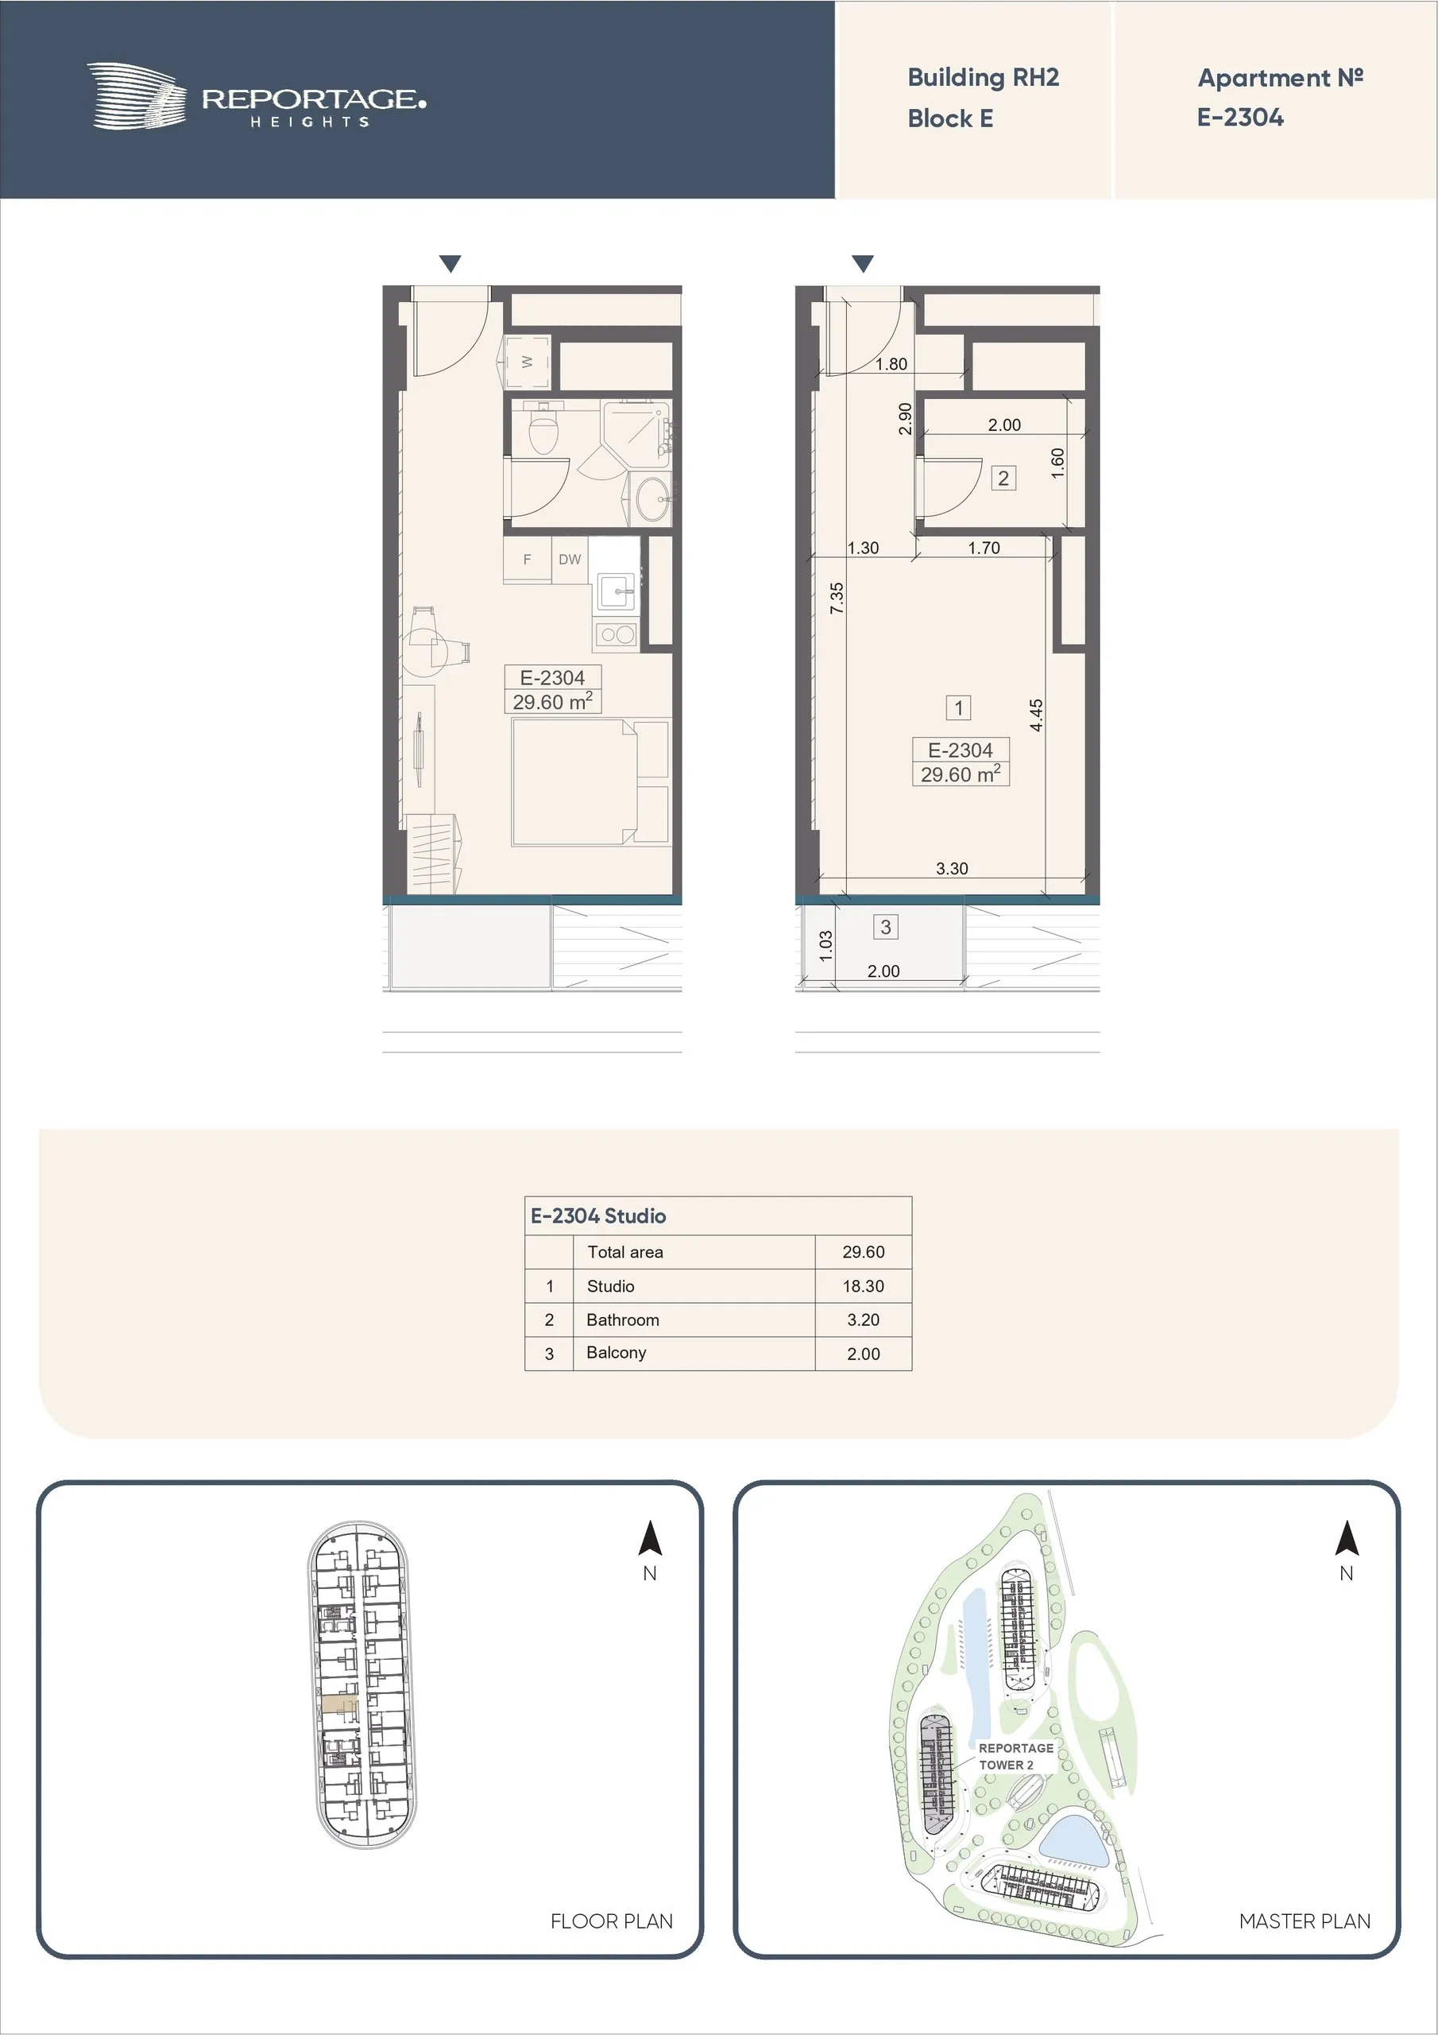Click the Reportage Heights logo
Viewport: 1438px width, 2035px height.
click(x=256, y=97)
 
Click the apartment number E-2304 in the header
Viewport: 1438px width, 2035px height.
click(x=1239, y=118)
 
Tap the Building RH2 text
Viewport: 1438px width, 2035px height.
click(x=983, y=78)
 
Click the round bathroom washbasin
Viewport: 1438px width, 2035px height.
click(x=655, y=500)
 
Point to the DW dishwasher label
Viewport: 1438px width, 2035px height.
click(x=570, y=560)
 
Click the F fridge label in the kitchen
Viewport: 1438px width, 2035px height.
click(x=528, y=560)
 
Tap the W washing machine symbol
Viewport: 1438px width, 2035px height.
click(x=528, y=362)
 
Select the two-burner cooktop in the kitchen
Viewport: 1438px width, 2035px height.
click(x=616, y=634)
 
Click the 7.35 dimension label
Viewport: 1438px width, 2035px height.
click(x=837, y=599)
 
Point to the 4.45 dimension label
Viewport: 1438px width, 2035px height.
click(x=1037, y=715)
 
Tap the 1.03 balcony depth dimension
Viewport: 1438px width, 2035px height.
click(x=825, y=946)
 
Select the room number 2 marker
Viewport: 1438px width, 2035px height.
click(x=1003, y=479)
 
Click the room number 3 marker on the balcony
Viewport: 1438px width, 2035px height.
click(x=885, y=927)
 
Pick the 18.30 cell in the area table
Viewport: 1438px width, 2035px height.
click(x=863, y=1286)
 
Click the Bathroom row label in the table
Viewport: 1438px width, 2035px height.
click(x=623, y=1320)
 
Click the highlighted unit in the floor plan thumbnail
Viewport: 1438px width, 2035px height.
click(x=340, y=1704)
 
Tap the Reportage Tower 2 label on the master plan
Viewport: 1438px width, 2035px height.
click(x=1015, y=1756)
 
